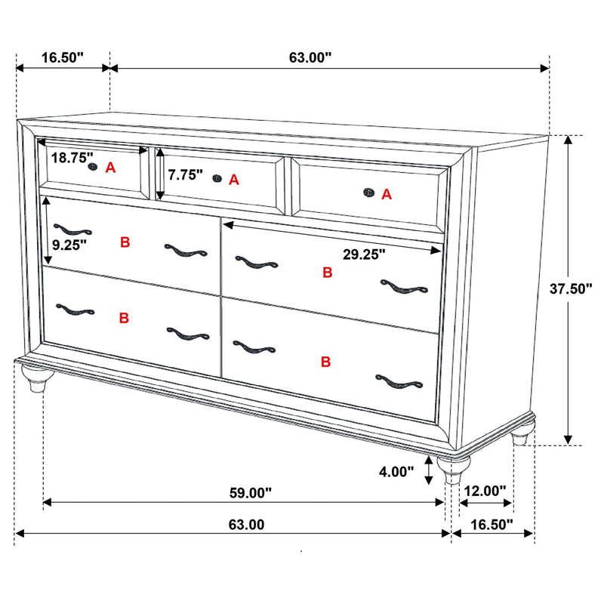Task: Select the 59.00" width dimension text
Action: [250, 493]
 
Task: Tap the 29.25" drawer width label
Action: [364, 254]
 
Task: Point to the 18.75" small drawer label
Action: [72, 159]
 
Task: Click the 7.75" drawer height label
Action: [186, 175]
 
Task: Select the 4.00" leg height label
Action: [396, 472]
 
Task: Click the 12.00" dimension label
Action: [485, 491]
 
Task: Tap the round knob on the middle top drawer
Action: [217, 178]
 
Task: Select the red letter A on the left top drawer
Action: [110, 168]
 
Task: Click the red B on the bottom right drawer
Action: [325, 362]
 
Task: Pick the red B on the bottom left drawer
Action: [124, 319]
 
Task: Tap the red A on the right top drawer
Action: [387, 195]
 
